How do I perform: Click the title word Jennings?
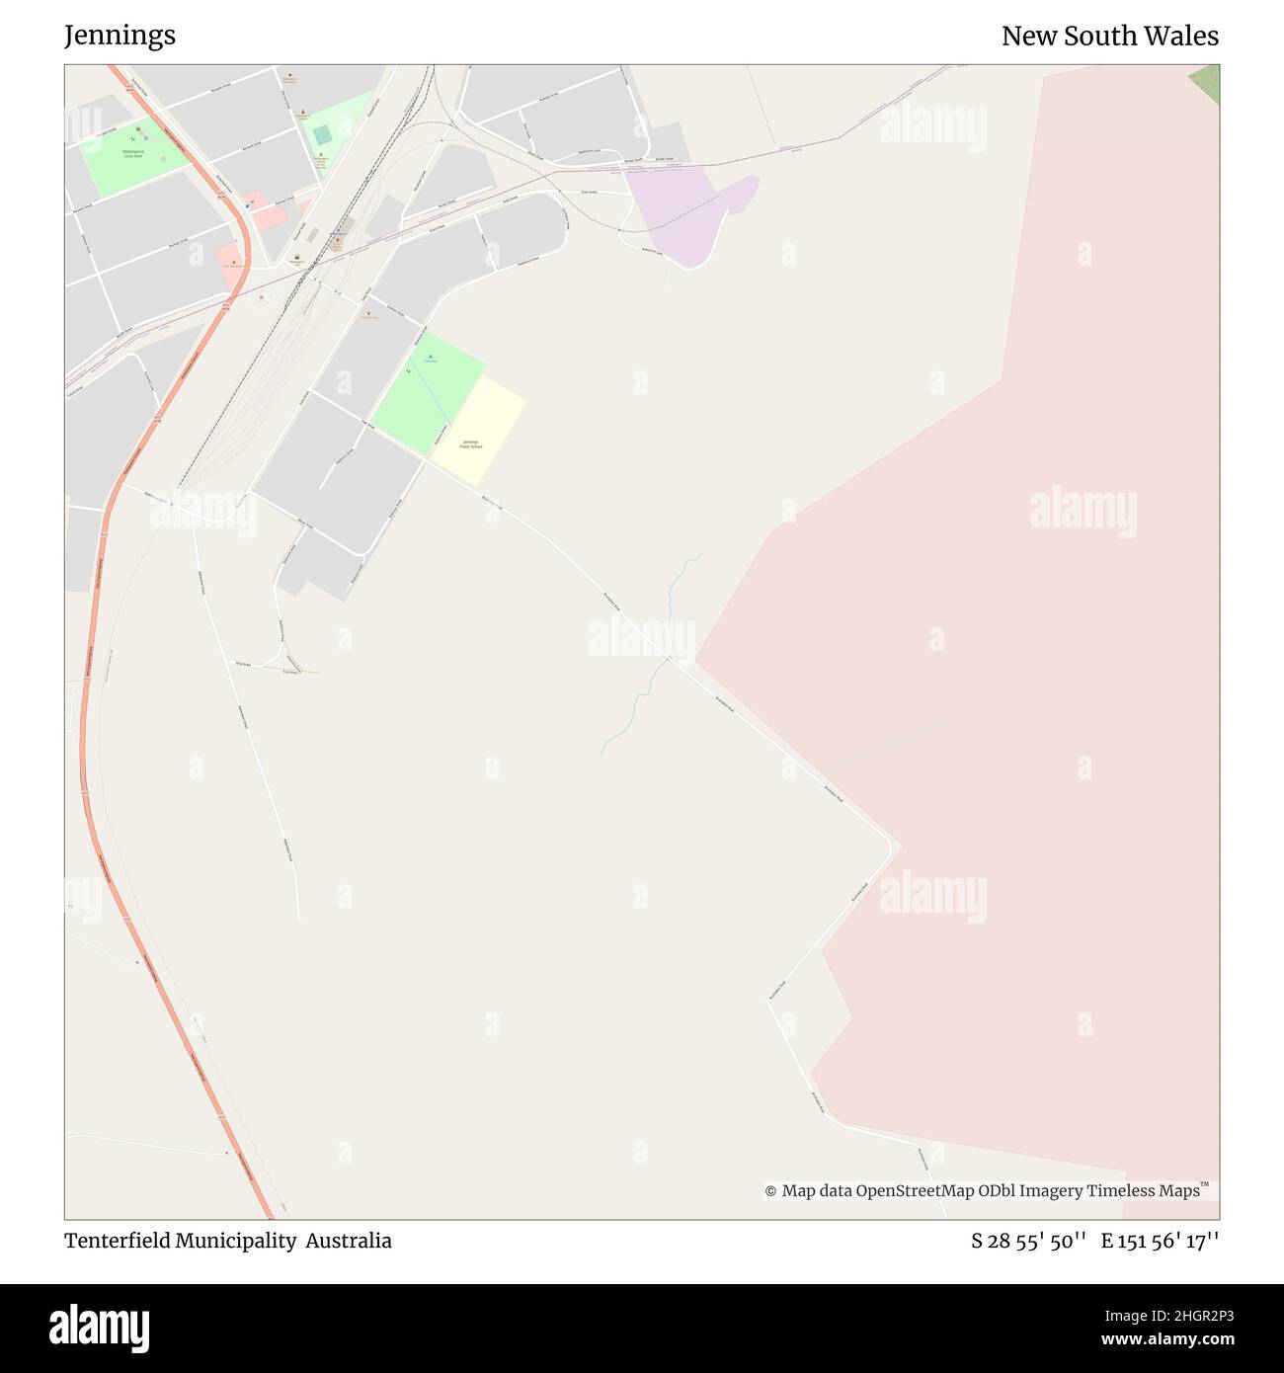click(120, 36)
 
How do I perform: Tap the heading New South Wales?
click(1109, 36)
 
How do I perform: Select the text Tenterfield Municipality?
click(181, 1241)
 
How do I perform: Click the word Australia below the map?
click(349, 1241)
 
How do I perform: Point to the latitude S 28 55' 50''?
click(1029, 1241)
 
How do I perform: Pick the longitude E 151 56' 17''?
click(1160, 1241)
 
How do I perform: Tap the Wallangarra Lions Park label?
click(133, 155)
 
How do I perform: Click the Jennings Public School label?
click(471, 444)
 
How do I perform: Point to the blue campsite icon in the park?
click(429, 357)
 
